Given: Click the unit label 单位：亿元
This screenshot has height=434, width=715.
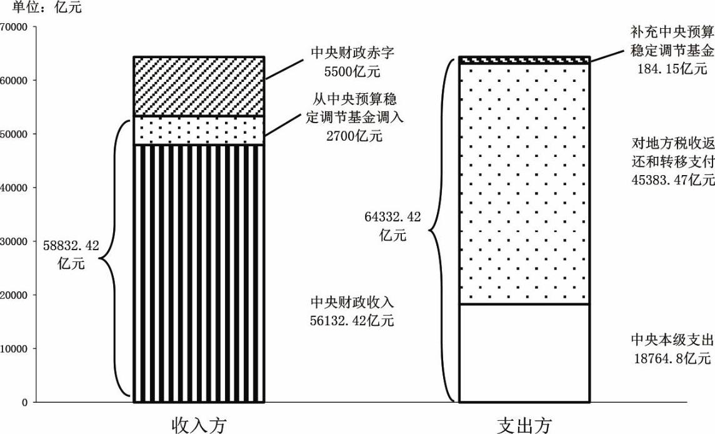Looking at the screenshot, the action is [41, 8].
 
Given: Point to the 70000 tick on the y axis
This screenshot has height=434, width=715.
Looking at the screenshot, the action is [14, 27].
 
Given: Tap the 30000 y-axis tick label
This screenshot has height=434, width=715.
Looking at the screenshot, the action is [14, 241].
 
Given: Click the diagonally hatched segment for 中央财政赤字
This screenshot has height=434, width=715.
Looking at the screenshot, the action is [199, 87].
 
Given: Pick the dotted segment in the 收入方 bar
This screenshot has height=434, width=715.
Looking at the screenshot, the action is [199, 131].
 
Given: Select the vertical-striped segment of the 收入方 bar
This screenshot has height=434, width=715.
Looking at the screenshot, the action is [199, 274].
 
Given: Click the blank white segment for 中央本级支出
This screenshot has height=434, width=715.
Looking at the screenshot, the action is [524, 353].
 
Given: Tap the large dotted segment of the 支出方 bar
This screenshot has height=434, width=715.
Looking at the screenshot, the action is [524, 184].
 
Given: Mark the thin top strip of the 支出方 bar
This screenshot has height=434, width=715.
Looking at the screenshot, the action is [524, 60].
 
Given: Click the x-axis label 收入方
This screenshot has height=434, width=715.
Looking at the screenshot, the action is [199, 425].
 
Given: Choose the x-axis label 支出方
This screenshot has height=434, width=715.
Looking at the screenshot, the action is [524, 425].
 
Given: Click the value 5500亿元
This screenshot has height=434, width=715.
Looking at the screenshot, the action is [352, 72].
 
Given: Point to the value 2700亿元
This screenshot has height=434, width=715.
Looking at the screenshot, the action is [354, 136].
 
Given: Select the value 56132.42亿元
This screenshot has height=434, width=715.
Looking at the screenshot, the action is [352, 320].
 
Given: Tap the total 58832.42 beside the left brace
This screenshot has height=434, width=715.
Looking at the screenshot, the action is [71, 246].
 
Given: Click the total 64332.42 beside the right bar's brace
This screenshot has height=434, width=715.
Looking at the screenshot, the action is [392, 217].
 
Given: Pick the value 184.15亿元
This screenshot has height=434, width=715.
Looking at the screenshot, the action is [672, 68].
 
